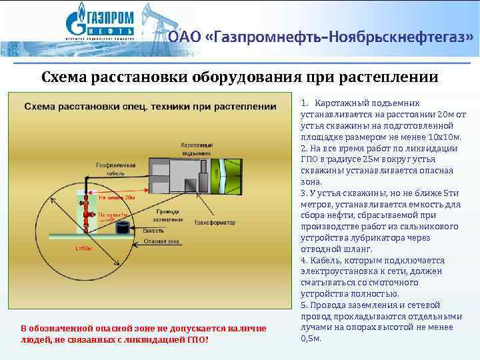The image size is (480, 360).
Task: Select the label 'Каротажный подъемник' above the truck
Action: (199, 148)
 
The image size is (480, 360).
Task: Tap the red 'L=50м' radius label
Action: (84, 248)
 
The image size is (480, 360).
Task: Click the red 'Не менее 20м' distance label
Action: (117, 197)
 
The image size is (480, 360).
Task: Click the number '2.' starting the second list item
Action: (304, 148)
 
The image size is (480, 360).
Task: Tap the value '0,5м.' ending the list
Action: (311, 338)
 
